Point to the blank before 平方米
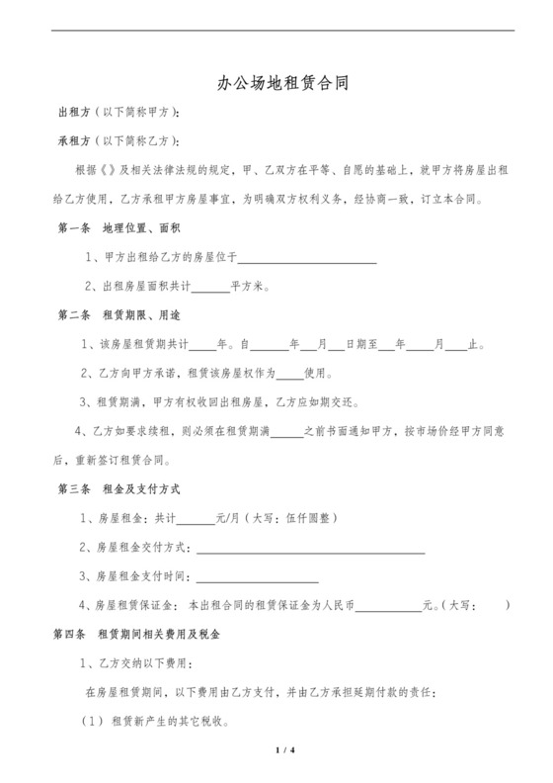tap(209, 288)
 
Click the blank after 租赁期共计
tap(201, 346)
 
